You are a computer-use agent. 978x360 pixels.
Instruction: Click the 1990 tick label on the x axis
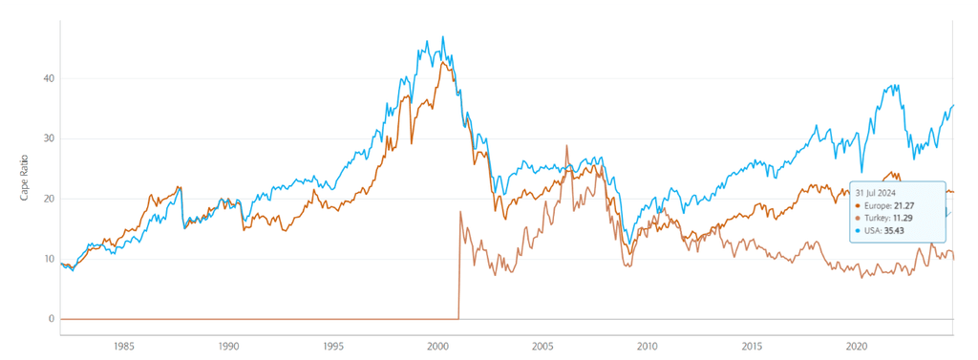coord(227,346)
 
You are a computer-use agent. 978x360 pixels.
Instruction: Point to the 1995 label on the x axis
coord(332,346)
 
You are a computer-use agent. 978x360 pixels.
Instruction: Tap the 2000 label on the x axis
coord(437,346)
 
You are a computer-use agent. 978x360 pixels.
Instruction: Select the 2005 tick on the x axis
coord(542,346)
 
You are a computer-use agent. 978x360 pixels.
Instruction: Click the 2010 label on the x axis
coord(648,346)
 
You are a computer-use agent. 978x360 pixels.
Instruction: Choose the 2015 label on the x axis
coord(752,346)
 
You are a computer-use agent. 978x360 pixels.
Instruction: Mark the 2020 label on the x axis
coord(857,346)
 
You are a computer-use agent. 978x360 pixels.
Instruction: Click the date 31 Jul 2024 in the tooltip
coord(876,192)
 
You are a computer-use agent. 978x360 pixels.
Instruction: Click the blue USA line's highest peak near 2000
coord(442,37)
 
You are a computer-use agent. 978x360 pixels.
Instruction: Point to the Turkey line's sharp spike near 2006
coord(567,146)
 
